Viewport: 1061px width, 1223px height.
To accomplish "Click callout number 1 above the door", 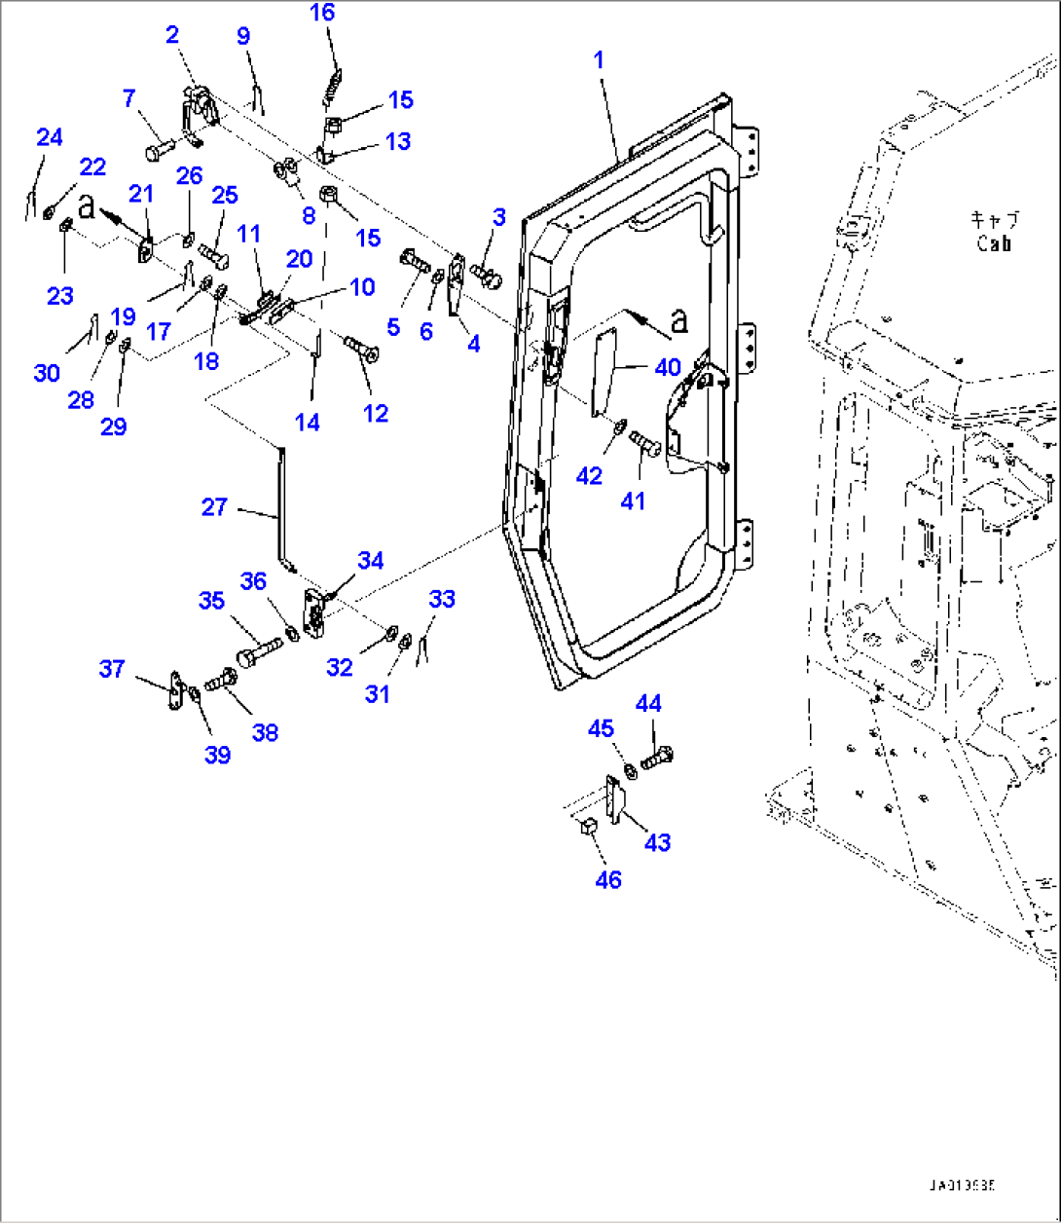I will pyautogui.click(x=599, y=60).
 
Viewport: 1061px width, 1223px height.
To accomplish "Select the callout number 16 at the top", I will pyautogui.click(x=322, y=13).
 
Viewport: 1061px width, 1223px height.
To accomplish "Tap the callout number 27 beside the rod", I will pyautogui.click(x=214, y=506).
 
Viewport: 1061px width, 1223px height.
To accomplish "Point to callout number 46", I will pyautogui.click(x=608, y=879).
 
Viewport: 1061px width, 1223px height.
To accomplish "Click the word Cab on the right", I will pyautogui.click(x=994, y=244).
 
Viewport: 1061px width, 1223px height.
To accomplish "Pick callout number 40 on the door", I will pyautogui.click(x=668, y=368).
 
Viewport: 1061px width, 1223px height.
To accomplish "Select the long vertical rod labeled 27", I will pyautogui.click(x=281, y=506).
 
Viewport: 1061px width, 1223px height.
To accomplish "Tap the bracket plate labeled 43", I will pyautogui.click(x=615, y=799).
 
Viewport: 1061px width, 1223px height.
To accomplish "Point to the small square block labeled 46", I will pyautogui.click(x=587, y=828).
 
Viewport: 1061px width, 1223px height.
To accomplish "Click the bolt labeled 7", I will pyautogui.click(x=159, y=150).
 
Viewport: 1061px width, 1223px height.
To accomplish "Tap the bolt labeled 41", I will pyautogui.click(x=646, y=445).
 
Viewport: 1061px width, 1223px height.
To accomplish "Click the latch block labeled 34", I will pyautogui.click(x=316, y=613).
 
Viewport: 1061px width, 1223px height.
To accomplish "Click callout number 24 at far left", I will pyautogui.click(x=50, y=138).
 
